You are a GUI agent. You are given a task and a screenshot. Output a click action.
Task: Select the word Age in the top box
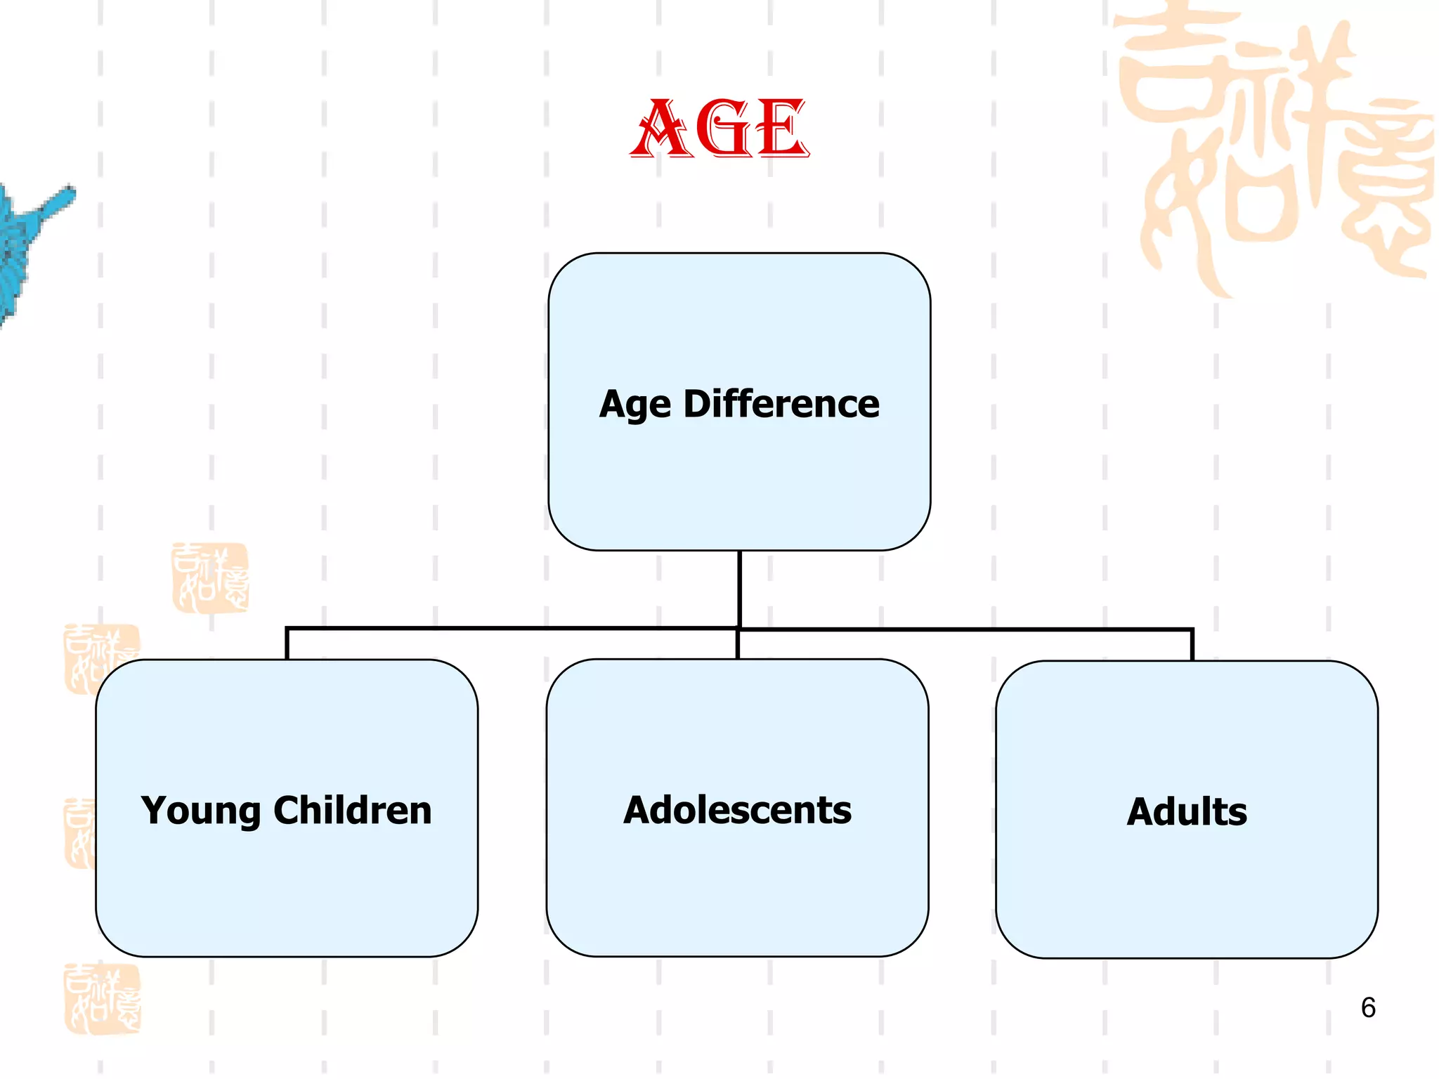pyautogui.click(x=635, y=405)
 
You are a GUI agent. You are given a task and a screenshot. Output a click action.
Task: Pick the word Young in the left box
pyautogui.click(x=201, y=811)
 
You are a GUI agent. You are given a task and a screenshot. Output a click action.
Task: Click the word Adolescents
pyautogui.click(x=737, y=810)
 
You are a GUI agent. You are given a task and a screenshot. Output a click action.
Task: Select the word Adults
pyautogui.click(x=1187, y=812)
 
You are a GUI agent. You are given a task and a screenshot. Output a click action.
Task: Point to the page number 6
pyautogui.click(x=1367, y=1007)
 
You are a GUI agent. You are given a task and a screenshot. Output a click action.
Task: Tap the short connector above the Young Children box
pyautogui.click(x=287, y=643)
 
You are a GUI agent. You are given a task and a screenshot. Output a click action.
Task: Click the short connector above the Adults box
pyautogui.click(x=1192, y=645)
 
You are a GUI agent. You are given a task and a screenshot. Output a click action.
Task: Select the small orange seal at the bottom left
pyautogui.click(x=103, y=999)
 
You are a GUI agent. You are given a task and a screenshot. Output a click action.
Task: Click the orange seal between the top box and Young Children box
pyautogui.click(x=210, y=577)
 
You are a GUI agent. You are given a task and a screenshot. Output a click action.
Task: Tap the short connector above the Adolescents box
pyautogui.click(x=737, y=643)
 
